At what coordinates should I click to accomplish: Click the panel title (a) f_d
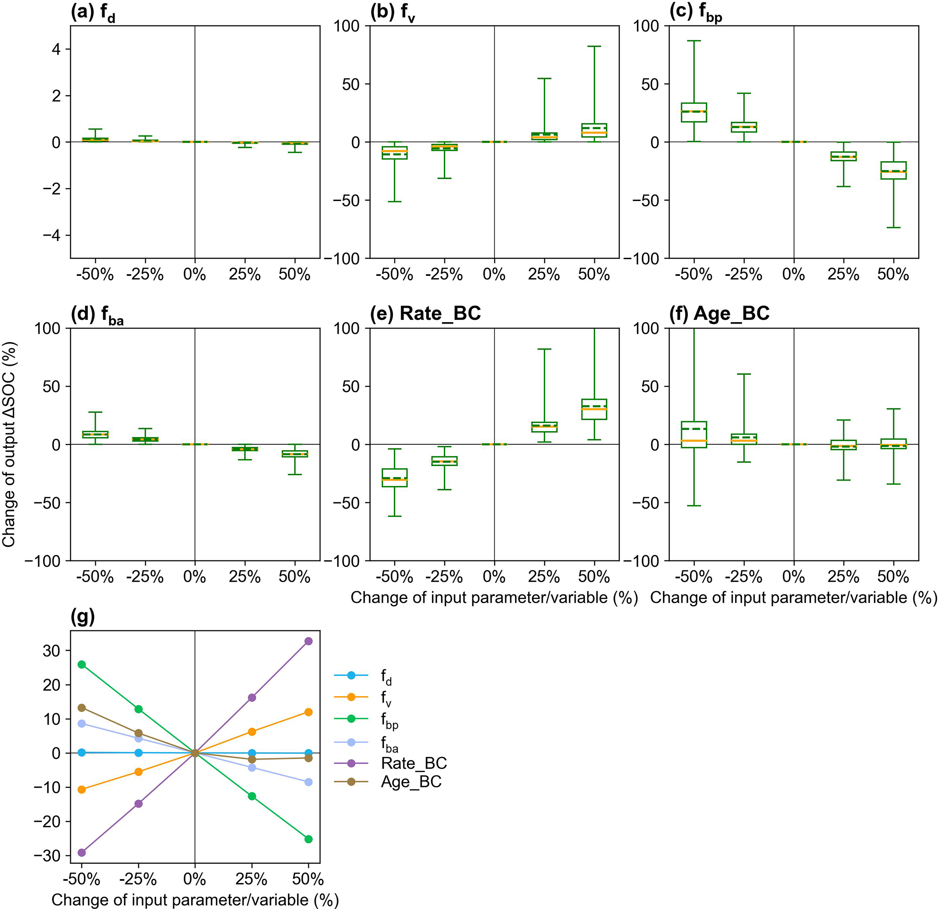click(93, 14)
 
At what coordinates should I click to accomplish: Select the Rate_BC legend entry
click(413, 763)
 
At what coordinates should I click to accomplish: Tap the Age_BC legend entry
click(411, 781)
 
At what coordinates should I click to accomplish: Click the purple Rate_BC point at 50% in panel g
click(308, 641)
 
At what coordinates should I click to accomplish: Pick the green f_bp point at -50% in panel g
click(81, 664)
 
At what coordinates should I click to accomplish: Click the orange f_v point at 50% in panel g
click(308, 712)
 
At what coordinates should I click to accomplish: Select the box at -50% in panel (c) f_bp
click(694, 113)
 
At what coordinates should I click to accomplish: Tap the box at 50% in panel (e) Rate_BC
click(594, 409)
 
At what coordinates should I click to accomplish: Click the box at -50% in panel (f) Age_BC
click(694, 435)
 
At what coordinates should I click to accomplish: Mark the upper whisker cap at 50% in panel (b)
click(594, 46)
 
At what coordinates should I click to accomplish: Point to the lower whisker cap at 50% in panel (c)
click(894, 227)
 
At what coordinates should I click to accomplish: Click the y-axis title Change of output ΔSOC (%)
click(9, 444)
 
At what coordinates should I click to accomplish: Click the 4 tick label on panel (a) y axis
click(56, 49)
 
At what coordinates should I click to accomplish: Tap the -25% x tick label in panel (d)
click(144, 577)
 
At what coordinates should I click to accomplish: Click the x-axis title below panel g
click(195, 900)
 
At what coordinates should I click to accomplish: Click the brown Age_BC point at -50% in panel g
click(81, 708)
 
